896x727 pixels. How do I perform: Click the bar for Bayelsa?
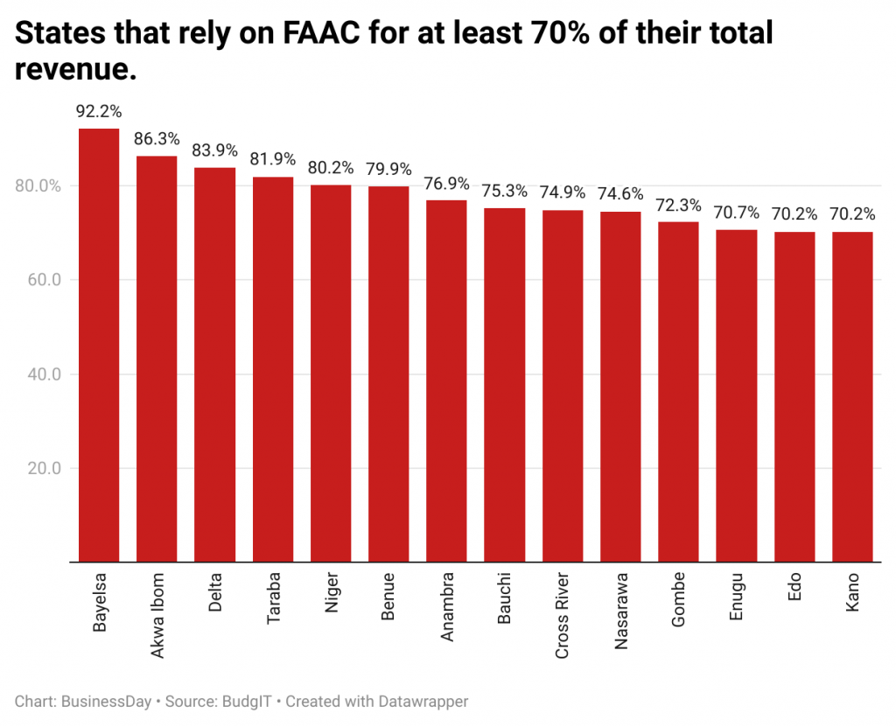click(x=99, y=345)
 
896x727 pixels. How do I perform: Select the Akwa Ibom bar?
click(x=157, y=359)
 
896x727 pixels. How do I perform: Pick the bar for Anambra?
click(x=446, y=381)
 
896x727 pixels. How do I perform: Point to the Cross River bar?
click(x=563, y=386)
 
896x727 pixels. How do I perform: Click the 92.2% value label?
click(x=99, y=112)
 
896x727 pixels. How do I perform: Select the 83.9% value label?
click(x=214, y=150)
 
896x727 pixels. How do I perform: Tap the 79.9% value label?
click(x=388, y=169)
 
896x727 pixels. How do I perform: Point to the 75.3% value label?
click(x=505, y=191)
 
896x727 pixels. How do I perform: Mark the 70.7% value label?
click(x=736, y=213)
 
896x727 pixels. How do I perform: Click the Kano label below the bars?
click(x=852, y=592)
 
